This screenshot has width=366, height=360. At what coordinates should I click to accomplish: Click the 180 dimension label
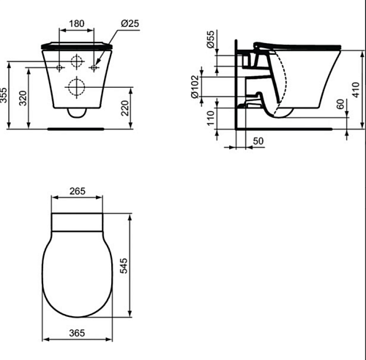click(x=77, y=23)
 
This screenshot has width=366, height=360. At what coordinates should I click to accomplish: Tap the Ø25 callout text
click(x=130, y=23)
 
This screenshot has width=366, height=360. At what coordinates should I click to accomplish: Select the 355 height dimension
click(x=4, y=95)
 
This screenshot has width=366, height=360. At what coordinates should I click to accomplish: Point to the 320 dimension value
click(x=23, y=98)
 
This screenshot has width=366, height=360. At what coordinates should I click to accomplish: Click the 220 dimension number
click(x=125, y=108)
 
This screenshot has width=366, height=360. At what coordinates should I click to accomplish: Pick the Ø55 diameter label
click(x=210, y=40)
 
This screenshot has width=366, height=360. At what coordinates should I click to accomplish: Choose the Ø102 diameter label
click(x=195, y=86)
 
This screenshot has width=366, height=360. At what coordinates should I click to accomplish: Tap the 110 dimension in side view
click(x=210, y=119)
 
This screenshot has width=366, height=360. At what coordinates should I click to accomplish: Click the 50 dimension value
click(x=258, y=141)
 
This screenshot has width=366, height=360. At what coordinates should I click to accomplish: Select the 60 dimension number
click(x=340, y=104)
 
